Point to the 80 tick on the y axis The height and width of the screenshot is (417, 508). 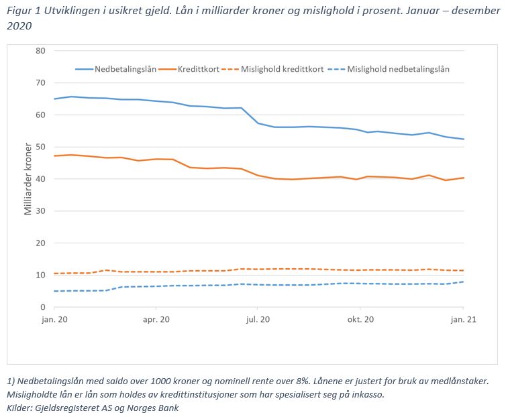(x=40, y=51)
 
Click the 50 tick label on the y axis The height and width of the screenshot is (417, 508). (x=40, y=147)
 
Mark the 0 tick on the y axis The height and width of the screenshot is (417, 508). (x=42, y=307)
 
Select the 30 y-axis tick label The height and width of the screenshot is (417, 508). (x=40, y=211)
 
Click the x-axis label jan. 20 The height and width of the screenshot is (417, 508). (x=54, y=320)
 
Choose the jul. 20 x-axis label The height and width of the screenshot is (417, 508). (x=258, y=320)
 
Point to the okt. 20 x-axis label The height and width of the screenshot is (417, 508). (x=360, y=320)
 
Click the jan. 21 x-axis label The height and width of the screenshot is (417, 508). (x=463, y=320)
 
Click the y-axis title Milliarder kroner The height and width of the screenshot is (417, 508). (x=28, y=179)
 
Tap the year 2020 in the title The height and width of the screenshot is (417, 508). (x=19, y=25)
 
